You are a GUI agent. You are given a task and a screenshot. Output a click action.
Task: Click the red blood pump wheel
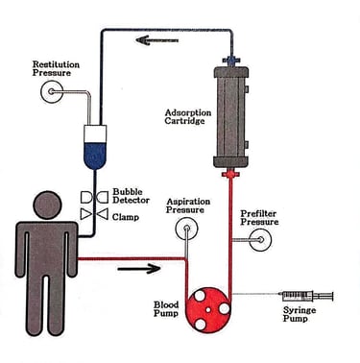pos(208,310)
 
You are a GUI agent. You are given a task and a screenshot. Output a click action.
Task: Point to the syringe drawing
pos(306,296)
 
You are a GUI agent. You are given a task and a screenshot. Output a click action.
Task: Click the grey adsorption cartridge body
pos(230,116)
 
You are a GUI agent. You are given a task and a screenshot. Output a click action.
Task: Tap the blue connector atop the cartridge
pos(230,60)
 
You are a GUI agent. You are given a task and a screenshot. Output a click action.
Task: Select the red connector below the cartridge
pos(230,174)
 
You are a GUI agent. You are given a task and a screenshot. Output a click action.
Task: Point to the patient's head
pos(48,206)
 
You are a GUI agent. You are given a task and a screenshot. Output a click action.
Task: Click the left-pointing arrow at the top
pos(156,40)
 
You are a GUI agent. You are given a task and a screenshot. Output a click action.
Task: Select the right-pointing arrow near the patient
pos(139,268)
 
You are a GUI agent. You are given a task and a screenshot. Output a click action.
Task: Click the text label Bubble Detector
pos(131,196)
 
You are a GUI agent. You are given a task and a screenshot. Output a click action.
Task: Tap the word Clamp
pos(126,217)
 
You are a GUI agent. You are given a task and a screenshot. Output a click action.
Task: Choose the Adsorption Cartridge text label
pos(188,117)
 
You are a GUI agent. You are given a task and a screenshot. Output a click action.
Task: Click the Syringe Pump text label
pos(300,314)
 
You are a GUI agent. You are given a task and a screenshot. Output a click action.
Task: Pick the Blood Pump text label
pos(166,309)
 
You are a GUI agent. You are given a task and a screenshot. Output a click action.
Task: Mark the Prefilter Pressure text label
pos(259,218)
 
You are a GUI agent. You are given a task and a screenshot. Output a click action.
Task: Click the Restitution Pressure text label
pos(56,68)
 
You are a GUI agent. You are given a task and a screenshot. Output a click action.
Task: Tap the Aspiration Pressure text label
pos(188,206)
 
